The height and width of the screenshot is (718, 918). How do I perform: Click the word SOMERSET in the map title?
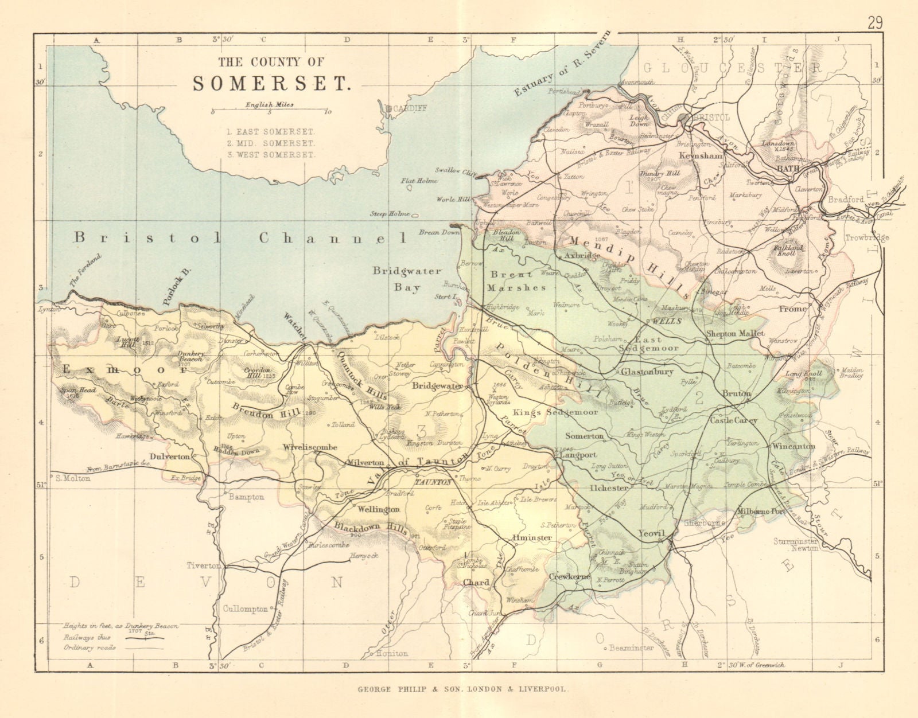(x=271, y=84)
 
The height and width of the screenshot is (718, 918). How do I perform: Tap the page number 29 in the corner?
(x=875, y=9)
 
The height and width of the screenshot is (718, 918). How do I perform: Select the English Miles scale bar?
(x=270, y=111)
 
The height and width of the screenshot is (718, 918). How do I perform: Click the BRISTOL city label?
(x=711, y=117)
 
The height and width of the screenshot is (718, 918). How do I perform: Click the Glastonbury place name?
(x=647, y=372)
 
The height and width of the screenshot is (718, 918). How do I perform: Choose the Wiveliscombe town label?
(x=309, y=448)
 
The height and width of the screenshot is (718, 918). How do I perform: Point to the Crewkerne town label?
(x=570, y=576)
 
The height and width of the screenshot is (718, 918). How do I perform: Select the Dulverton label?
(x=170, y=456)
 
